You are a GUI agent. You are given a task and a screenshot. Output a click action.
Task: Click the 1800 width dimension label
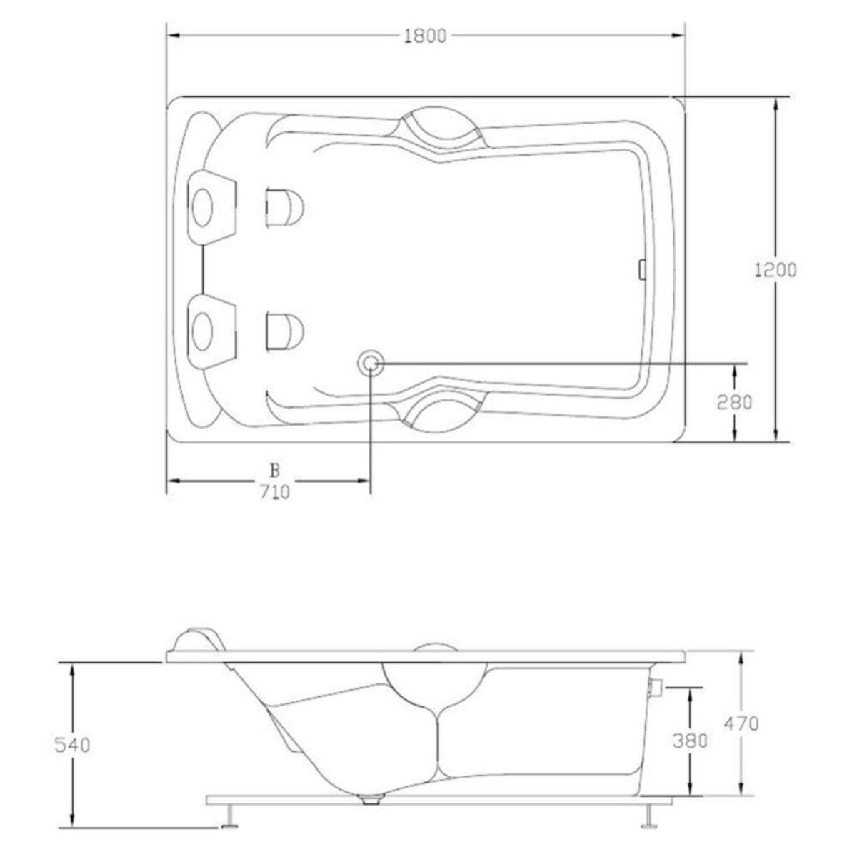(425, 36)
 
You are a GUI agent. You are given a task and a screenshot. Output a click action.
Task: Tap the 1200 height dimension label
(775, 270)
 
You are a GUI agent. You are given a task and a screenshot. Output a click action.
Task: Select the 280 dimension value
(734, 403)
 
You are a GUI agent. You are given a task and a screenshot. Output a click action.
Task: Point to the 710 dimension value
(274, 492)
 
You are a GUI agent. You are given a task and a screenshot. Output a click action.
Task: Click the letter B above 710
(275, 471)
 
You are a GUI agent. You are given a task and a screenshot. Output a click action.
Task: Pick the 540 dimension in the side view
(72, 745)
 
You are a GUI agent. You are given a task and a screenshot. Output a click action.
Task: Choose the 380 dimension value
(690, 741)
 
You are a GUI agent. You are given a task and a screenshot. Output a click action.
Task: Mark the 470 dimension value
(741, 724)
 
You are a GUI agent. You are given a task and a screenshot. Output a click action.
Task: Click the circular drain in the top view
(369, 364)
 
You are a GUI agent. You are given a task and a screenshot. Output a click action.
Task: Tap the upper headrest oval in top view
(202, 208)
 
